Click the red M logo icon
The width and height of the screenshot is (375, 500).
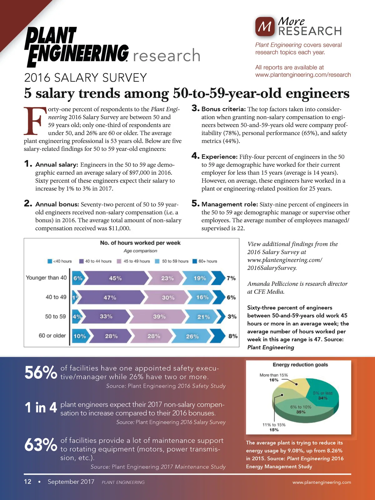point(265,27)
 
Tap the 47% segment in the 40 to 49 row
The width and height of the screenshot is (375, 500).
point(110,297)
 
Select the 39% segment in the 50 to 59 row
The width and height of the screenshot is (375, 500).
point(159,317)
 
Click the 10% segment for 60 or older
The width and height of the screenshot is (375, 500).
point(79,336)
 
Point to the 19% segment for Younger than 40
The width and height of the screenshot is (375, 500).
point(199,278)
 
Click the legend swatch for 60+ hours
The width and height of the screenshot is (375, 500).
point(195,261)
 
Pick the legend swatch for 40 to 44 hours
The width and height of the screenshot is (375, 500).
point(81,261)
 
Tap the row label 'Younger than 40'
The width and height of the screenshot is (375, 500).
point(46,277)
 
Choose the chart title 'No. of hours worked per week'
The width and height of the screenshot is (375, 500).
point(140,243)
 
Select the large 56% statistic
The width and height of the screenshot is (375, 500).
point(41,372)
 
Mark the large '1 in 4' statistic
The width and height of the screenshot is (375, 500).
point(41,408)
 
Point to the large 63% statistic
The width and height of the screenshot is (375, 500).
point(41,445)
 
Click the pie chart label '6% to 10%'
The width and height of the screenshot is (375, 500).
point(301,407)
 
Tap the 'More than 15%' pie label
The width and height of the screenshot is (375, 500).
point(273,375)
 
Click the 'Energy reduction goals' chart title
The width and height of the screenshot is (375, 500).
point(300,365)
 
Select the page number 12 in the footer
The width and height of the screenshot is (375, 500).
point(27,482)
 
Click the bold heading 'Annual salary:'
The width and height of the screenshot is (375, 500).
point(57,165)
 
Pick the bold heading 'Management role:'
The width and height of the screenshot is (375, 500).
point(230,204)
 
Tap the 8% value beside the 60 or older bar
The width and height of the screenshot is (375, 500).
point(233,336)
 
